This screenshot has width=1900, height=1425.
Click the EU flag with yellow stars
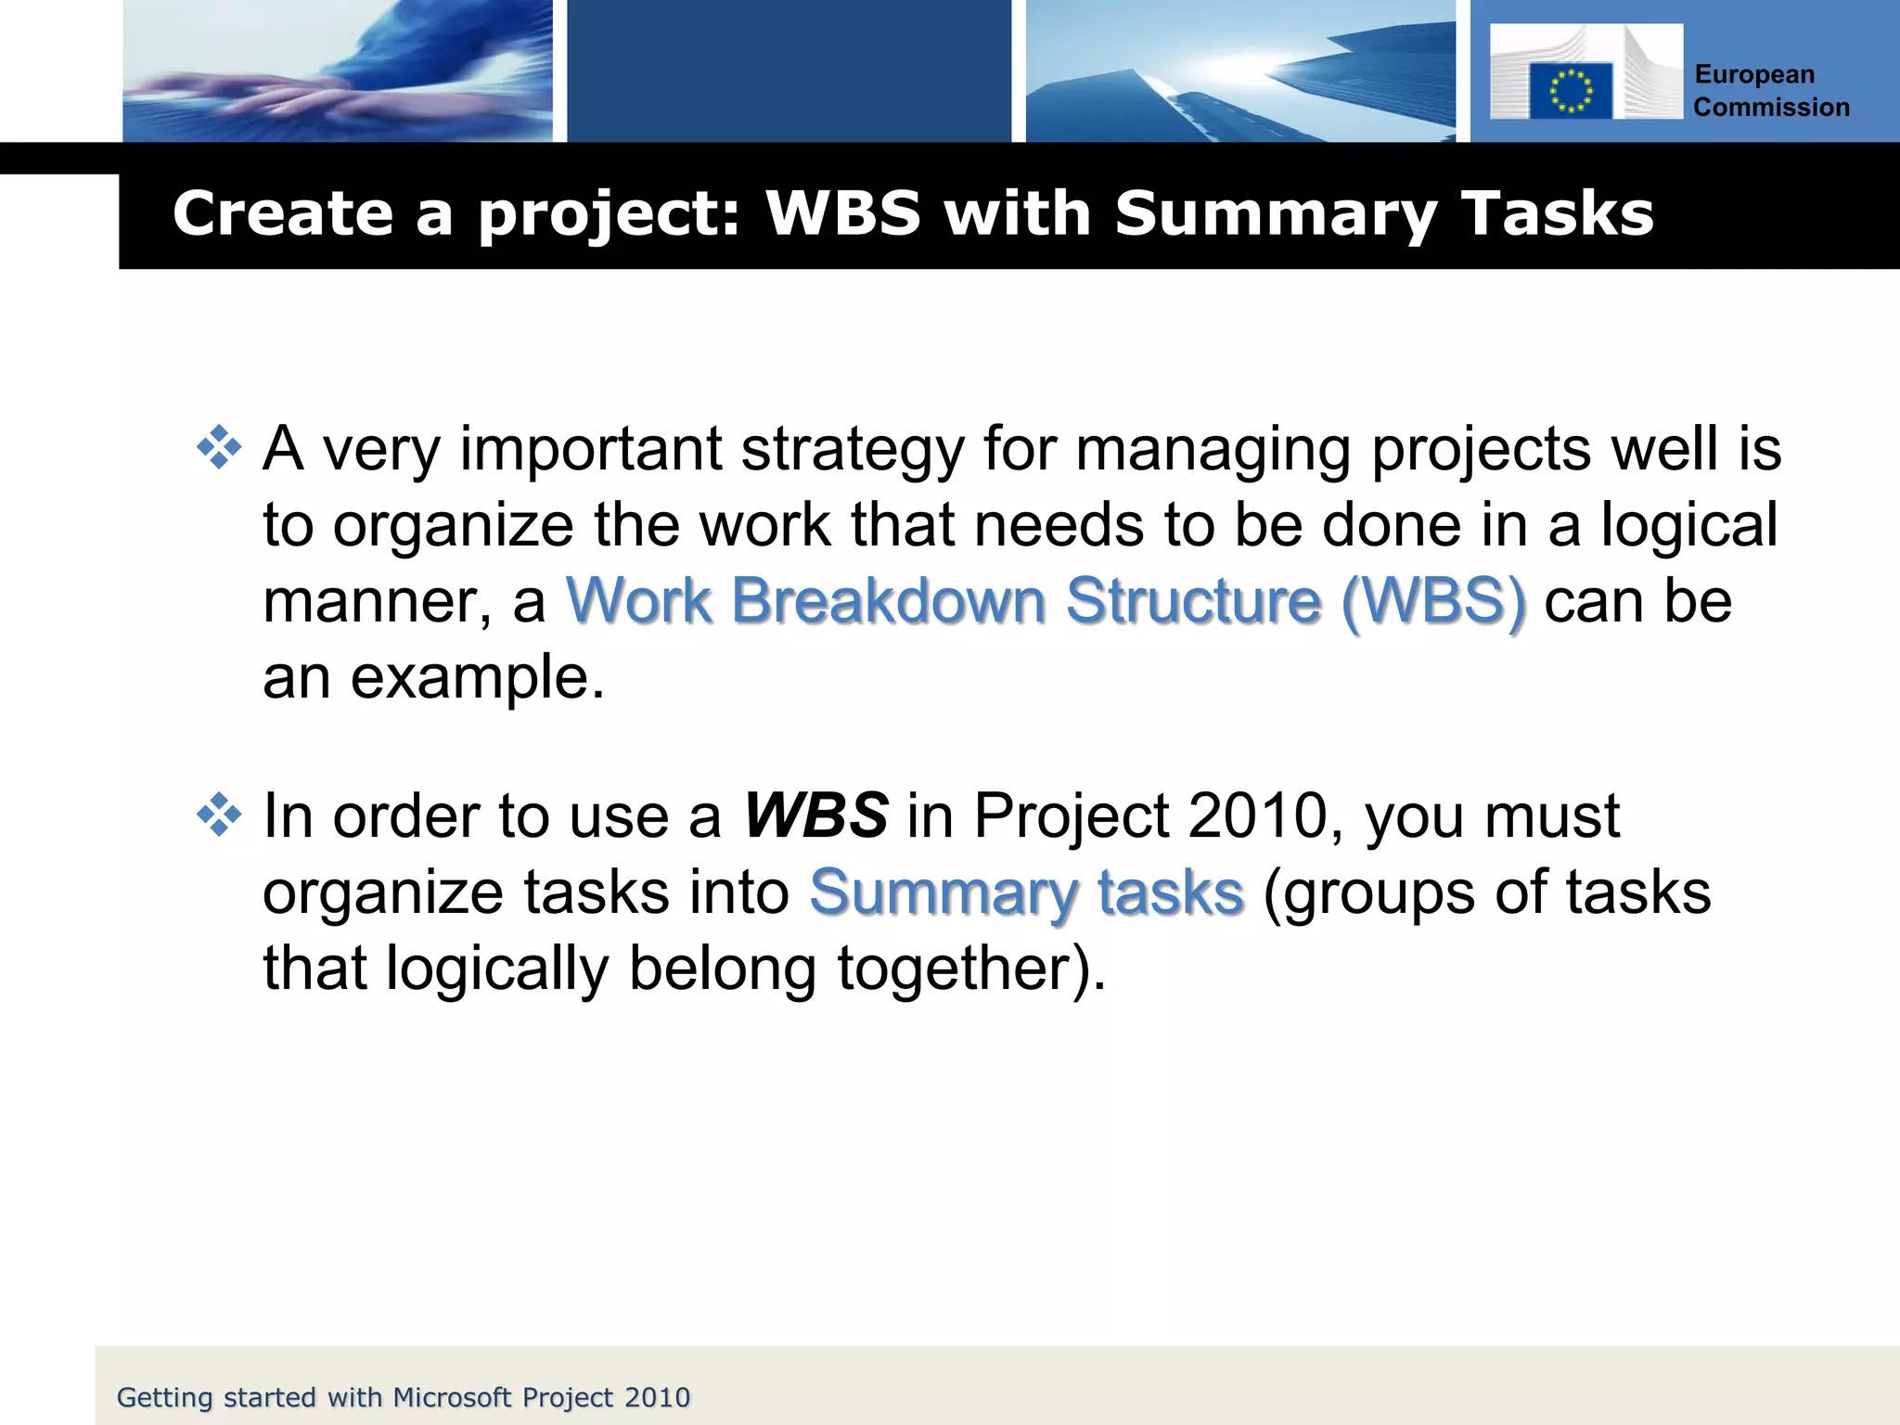[x=1571, y=91]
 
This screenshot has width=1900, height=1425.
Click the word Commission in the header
[x=1771, y=108]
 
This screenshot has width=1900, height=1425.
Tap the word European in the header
[x=1754, y=74]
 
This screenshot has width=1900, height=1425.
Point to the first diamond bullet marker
[x=219, y=448]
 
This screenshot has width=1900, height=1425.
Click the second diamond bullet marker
[x=219, y=815]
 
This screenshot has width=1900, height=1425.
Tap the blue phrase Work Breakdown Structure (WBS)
[x=1046, y=600]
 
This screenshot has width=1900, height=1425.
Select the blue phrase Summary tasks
[x=1026, y=892]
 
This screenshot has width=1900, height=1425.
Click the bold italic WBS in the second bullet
[x=815, y=816]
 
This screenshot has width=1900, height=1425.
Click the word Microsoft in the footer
[x=452, y=1397]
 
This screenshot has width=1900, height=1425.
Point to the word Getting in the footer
[x=165, y=1398]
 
